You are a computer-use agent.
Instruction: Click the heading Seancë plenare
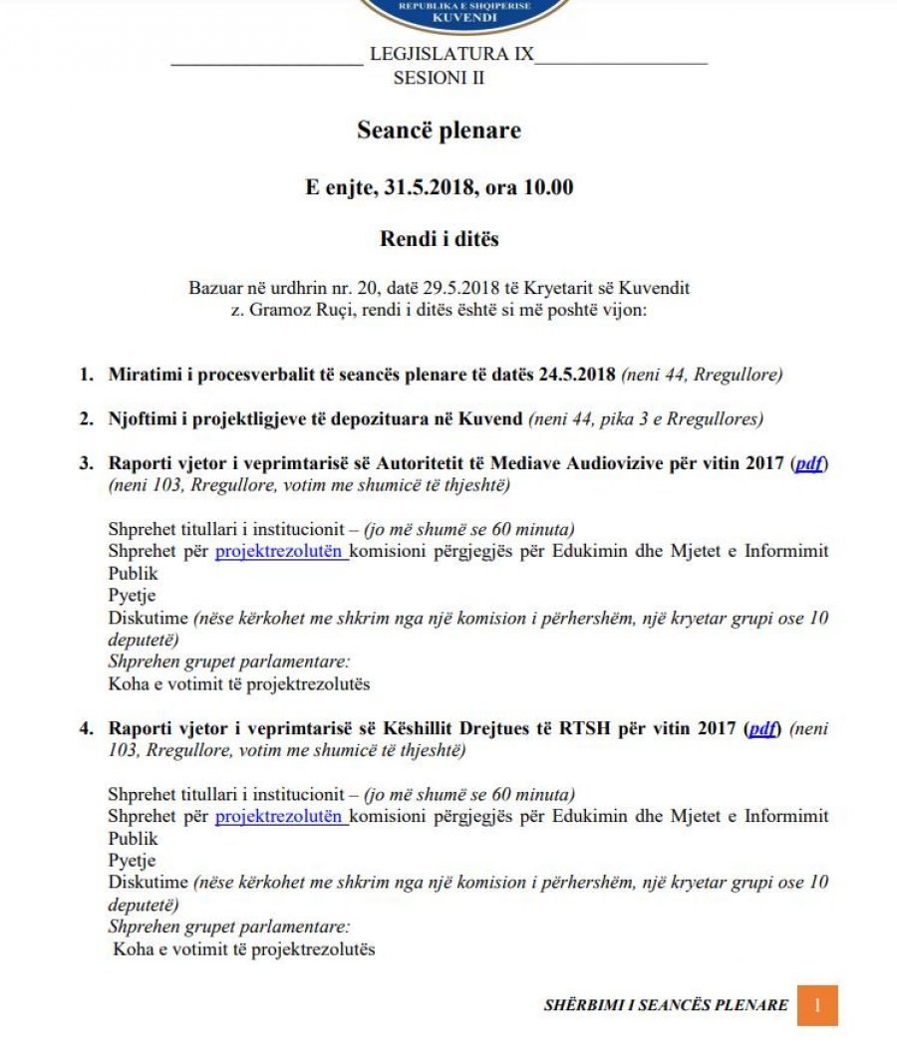(439, 131)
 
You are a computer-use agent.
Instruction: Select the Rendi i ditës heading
(439, 239)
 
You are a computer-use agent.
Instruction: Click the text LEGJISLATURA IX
(451, 54)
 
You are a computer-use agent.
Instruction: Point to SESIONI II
(439, 78)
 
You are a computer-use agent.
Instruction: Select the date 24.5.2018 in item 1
(576, 376)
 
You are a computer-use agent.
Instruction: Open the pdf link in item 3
(808, 464)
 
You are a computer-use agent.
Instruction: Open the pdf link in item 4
(762, 728)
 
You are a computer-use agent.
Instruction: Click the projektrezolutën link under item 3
(281, 552)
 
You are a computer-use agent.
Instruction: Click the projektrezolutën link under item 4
(281, 817)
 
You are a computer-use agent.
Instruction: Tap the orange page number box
(817, 1005)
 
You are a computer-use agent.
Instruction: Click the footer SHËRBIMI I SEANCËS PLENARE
(666, 1005)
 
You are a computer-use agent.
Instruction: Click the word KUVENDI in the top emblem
(464, 17)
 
